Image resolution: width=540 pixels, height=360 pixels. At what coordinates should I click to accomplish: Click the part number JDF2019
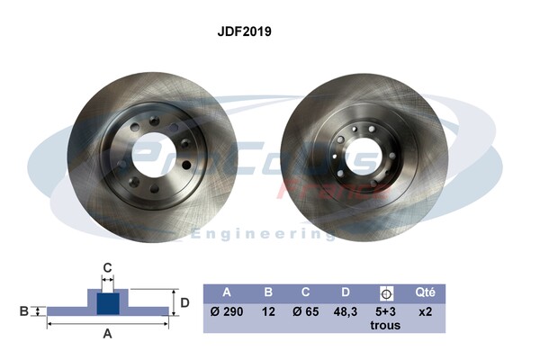[x=245, y=31]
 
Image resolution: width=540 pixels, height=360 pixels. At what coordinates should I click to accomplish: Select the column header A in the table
[x=227, y=292]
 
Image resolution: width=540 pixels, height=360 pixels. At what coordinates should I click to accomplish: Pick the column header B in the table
[x=267, y=292]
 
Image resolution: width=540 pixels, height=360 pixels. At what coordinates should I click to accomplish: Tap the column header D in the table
[x=345, y=292]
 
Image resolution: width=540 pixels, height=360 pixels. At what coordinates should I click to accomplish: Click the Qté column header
[x=426, y=292]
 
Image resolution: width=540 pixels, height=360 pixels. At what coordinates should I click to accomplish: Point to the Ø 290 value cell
[x=227, y=311]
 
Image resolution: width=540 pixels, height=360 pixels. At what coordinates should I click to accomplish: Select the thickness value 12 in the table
[x=267, y=311]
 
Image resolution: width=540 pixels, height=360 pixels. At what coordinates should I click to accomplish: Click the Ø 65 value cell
[x=306, y=311]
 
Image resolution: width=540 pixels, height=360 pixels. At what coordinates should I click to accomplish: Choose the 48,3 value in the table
[x=345, y=311]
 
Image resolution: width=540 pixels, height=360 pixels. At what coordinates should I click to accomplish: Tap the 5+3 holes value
[x=385, y=311]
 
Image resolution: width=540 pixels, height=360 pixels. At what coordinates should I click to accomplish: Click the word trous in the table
[x=385, y=325]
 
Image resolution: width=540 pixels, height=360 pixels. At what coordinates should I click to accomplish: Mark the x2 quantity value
[x=426, y=311]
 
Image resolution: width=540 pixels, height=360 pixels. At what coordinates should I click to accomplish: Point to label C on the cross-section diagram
[x=107, y=266]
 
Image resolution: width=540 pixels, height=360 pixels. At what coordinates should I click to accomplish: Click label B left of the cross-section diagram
[x=23, y=311]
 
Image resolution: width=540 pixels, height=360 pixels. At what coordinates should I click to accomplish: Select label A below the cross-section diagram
[x=108, y=335]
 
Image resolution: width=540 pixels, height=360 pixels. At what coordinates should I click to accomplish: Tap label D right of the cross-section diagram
[x=184, y=302]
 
